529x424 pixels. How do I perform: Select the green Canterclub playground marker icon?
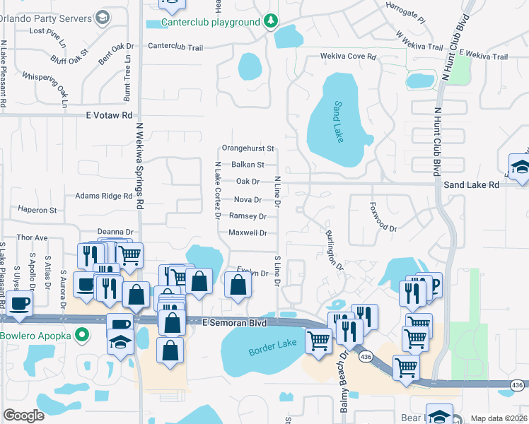270,22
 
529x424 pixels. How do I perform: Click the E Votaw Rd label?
109,115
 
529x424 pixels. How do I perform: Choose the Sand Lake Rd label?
472,184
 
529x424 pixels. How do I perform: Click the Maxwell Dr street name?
248,232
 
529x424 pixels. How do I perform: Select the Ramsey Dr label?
248,216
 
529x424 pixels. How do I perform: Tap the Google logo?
23,416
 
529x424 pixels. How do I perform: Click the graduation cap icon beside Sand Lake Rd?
520,166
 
